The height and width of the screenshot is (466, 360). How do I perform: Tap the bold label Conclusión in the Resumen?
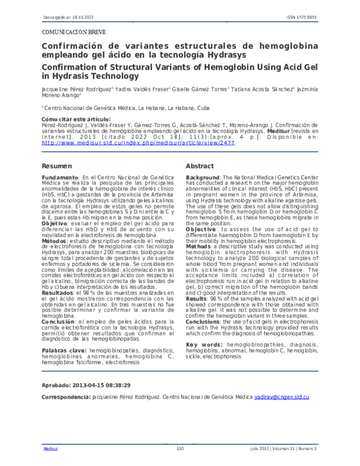pyautogui.click(x=58, y=321)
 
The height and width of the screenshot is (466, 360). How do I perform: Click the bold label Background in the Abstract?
pyautogui.click(x=203, y=178)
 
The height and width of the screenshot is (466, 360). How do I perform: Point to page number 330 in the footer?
pyautogui.click(x=179, y=449)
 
